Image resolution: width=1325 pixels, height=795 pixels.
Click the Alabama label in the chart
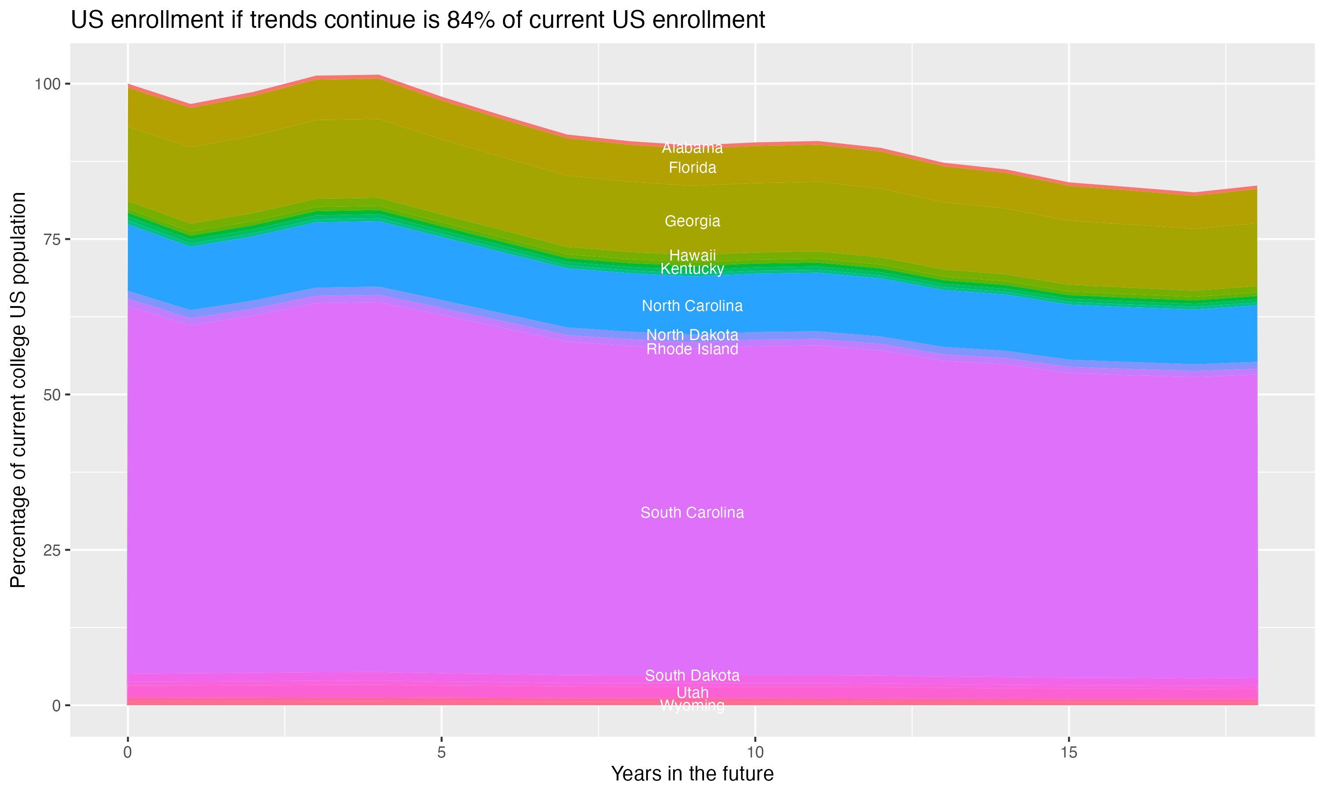[692, 148]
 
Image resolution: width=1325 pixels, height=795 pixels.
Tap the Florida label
[692, 168]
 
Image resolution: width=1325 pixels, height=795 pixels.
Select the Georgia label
[692, 221]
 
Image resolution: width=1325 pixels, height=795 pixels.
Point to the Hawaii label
[692, 256]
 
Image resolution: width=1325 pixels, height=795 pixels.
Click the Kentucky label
[692, 269]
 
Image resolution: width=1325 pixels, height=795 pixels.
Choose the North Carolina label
[692, 306]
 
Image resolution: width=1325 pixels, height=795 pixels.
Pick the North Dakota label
[692, 335]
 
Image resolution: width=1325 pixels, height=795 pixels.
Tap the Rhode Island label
[692, 349]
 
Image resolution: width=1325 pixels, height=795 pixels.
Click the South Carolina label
[692, 513]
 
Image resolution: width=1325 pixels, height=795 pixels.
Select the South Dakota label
[692, 676]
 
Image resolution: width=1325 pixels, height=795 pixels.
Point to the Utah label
[692, 693]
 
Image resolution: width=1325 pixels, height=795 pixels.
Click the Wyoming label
[692, 705]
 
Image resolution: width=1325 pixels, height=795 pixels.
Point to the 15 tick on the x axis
[1068, 753]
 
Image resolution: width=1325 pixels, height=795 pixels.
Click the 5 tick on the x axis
[441, 753]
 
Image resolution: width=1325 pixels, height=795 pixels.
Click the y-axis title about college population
[18, 390]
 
